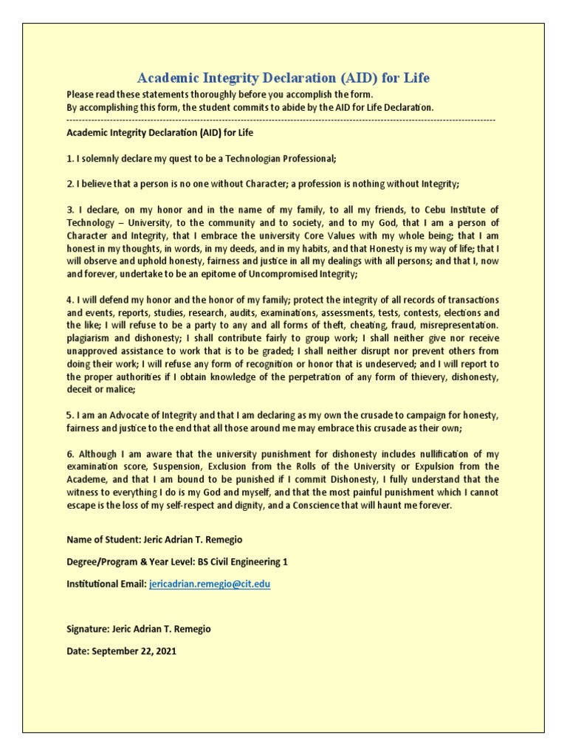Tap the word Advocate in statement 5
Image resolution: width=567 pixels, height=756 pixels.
(126, 415)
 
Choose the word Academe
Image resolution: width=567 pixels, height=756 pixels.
(88, 479)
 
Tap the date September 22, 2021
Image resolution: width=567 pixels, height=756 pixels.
(135, 651)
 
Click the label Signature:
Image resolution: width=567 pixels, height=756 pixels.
(87, 629)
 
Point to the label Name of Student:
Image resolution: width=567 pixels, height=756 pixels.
(103, 540)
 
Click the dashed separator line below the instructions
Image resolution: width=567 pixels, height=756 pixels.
(281, 120)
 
